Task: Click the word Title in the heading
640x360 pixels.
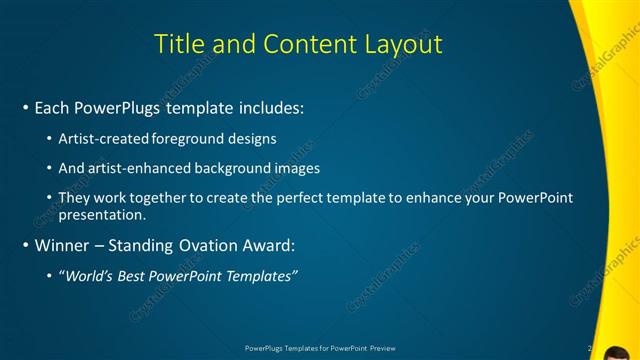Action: pyautogui.click(x=180, y=44)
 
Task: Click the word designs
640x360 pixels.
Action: pyautogui.click(x=254, y=138)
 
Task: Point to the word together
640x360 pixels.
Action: pyautogui.click(x=165, y=198)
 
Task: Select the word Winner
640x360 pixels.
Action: pyautogui.click(x=63, y=245)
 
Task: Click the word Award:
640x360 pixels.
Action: pyautogui.click(x=268, y=245)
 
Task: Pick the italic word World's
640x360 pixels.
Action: pyautogui.click(x=90, y=276)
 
